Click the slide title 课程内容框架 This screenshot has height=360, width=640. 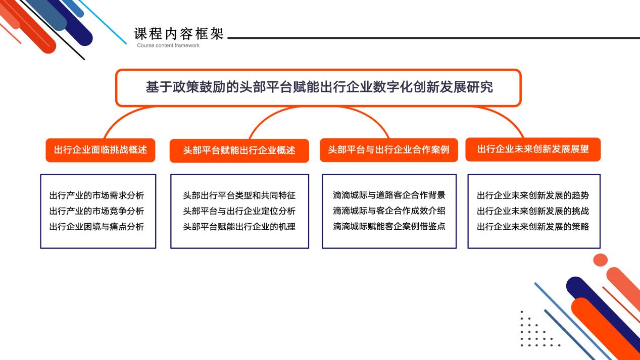(x=179, y=34)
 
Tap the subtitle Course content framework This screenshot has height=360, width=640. (x=168, y=45)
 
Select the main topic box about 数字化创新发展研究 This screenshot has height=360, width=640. (x=319, y=88)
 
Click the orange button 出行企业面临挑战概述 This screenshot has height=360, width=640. (x=101, y=150)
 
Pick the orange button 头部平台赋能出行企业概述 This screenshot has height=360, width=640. (x=239, y=151)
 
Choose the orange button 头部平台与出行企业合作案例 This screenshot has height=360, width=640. (x=388, y=150)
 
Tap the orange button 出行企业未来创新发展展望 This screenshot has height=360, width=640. (x=533, y=149)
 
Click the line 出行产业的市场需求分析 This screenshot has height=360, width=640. (x=96, y=195)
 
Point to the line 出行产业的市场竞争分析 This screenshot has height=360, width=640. (x=96, y=211)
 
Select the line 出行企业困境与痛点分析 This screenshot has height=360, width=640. (x=96, y=227)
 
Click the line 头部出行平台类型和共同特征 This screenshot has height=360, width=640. (x=239, y=195)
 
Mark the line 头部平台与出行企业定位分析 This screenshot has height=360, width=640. (x=239, y=211)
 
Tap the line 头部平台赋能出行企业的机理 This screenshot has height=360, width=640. (x=239, y=227)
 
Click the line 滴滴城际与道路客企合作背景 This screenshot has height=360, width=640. (x=389, y=195)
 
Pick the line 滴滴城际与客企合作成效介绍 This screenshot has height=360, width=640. (x=389, y=211)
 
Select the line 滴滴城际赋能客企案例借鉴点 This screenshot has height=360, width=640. (x=389, y=227)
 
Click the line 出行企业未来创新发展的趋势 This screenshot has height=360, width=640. (x=533, y=195)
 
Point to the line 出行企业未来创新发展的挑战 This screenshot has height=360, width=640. (x=533, y=211)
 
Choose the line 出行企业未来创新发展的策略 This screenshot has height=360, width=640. (x=533, y=227)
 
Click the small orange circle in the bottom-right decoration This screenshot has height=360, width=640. (x=600, y=260)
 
